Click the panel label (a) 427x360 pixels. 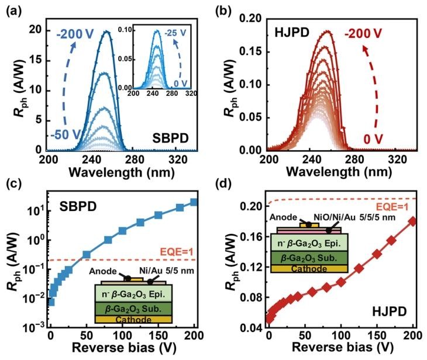[x=12, y=10]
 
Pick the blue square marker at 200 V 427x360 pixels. [x=194, y=203]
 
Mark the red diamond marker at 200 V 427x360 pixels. [x=413, y=221]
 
